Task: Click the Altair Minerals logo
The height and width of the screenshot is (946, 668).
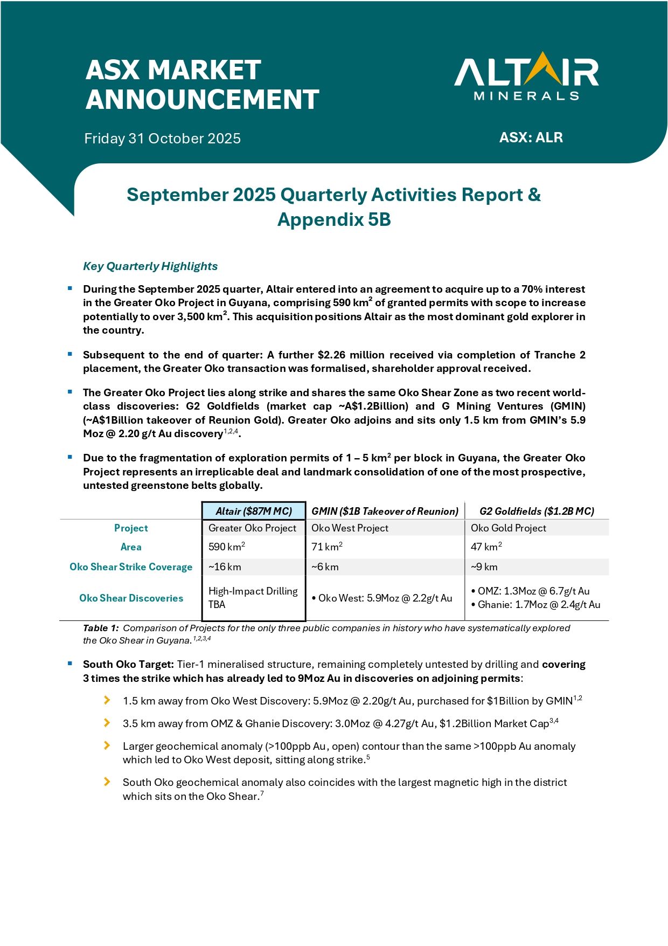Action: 526,77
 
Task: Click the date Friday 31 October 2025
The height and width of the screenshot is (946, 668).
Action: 162,139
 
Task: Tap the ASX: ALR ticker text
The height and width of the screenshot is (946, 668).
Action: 531,137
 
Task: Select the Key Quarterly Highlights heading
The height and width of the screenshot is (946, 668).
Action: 150,266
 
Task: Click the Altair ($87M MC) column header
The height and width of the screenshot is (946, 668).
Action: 254,511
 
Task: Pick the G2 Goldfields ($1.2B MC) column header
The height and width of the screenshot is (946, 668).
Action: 537,511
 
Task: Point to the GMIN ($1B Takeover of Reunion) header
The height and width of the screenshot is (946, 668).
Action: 385,511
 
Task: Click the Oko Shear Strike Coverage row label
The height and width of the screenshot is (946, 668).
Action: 131,567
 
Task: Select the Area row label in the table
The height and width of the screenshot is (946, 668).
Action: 131,547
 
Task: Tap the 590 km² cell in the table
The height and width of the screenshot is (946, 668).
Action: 227,547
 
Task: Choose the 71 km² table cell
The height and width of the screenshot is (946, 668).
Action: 327,547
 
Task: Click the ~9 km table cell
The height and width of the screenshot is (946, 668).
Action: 484,567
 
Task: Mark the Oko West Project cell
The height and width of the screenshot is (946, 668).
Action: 350,528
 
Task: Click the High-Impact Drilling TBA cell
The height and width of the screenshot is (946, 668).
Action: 253,598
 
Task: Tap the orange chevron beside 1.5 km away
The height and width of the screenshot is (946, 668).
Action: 107,700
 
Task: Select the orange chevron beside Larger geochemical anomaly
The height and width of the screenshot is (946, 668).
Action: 107,745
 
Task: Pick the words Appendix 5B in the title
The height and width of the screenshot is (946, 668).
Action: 334,220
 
